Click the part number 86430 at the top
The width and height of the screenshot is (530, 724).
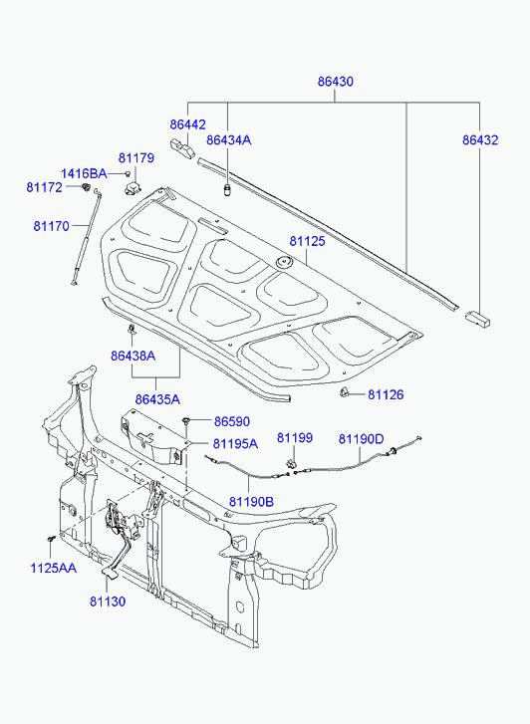click(335, 82)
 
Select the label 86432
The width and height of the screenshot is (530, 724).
click(480, 139)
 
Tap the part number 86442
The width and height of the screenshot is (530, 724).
click(187, 124)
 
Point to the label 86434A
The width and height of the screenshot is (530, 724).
click(229, 139)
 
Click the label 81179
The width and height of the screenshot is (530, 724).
click(136, 158)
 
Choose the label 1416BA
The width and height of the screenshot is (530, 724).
click(84, 173)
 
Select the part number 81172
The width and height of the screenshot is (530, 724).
click(44, 187)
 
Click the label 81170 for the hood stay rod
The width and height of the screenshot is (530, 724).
click(51, 226)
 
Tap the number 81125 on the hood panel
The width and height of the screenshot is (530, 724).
click(307, 241)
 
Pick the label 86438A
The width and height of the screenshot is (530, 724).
click(133, 356)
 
